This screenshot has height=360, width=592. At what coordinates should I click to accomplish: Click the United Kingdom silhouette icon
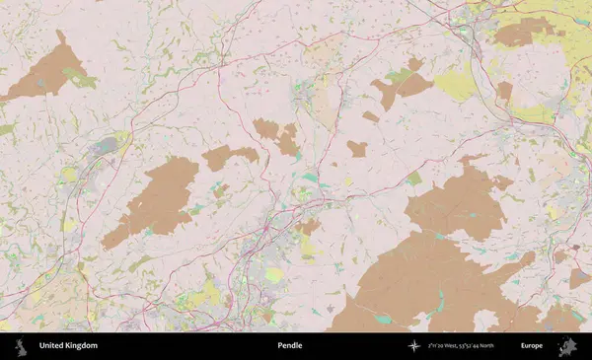tap(20, 345)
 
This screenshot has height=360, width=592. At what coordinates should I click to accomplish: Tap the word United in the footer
tap(53, 345)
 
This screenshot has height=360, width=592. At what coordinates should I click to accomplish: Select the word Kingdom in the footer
tap(82, 345)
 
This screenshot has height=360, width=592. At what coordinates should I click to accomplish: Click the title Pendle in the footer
tap(290, 345)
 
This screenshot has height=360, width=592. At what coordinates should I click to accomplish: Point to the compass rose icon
tap(414, 345)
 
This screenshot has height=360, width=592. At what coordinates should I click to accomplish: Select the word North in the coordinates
tap(511, 345)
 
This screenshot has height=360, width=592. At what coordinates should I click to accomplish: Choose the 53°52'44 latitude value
tap(486, 345)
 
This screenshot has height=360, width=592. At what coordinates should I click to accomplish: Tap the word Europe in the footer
tap(532, 345)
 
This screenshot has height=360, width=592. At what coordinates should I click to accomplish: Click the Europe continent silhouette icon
tap(566, 345)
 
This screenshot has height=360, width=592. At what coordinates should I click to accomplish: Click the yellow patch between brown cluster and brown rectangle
tap(456, 84)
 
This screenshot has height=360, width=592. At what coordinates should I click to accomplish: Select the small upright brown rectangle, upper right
tap(504, 92)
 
